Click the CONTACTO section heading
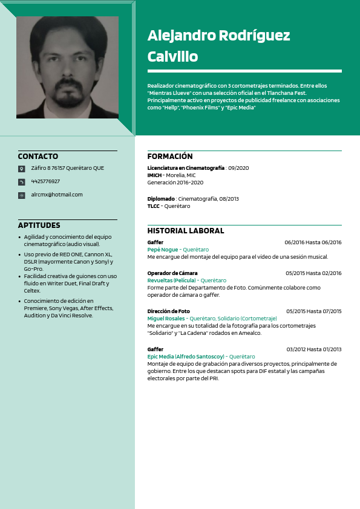click(38, 157)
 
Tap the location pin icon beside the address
click(22, 169)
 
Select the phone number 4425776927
click(45, 181)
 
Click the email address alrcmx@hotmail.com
click(57, 195)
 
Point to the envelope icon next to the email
click(22, 195)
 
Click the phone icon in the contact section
click(22, 182)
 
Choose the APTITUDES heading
click(39, 225)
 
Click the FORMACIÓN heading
click(170, 157)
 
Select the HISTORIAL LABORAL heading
click(186, 231)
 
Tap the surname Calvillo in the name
click(172, 57)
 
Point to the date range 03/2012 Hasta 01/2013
click(314, 349)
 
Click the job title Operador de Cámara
click(172, 273)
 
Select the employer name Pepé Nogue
click(163, 250)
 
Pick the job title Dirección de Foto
click(169, 311)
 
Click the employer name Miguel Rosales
click(166, 319)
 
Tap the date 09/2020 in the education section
click(238, 168)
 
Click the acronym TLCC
click(154, 206)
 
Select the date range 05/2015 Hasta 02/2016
click(313, 273)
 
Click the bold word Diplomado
click(161, 199)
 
